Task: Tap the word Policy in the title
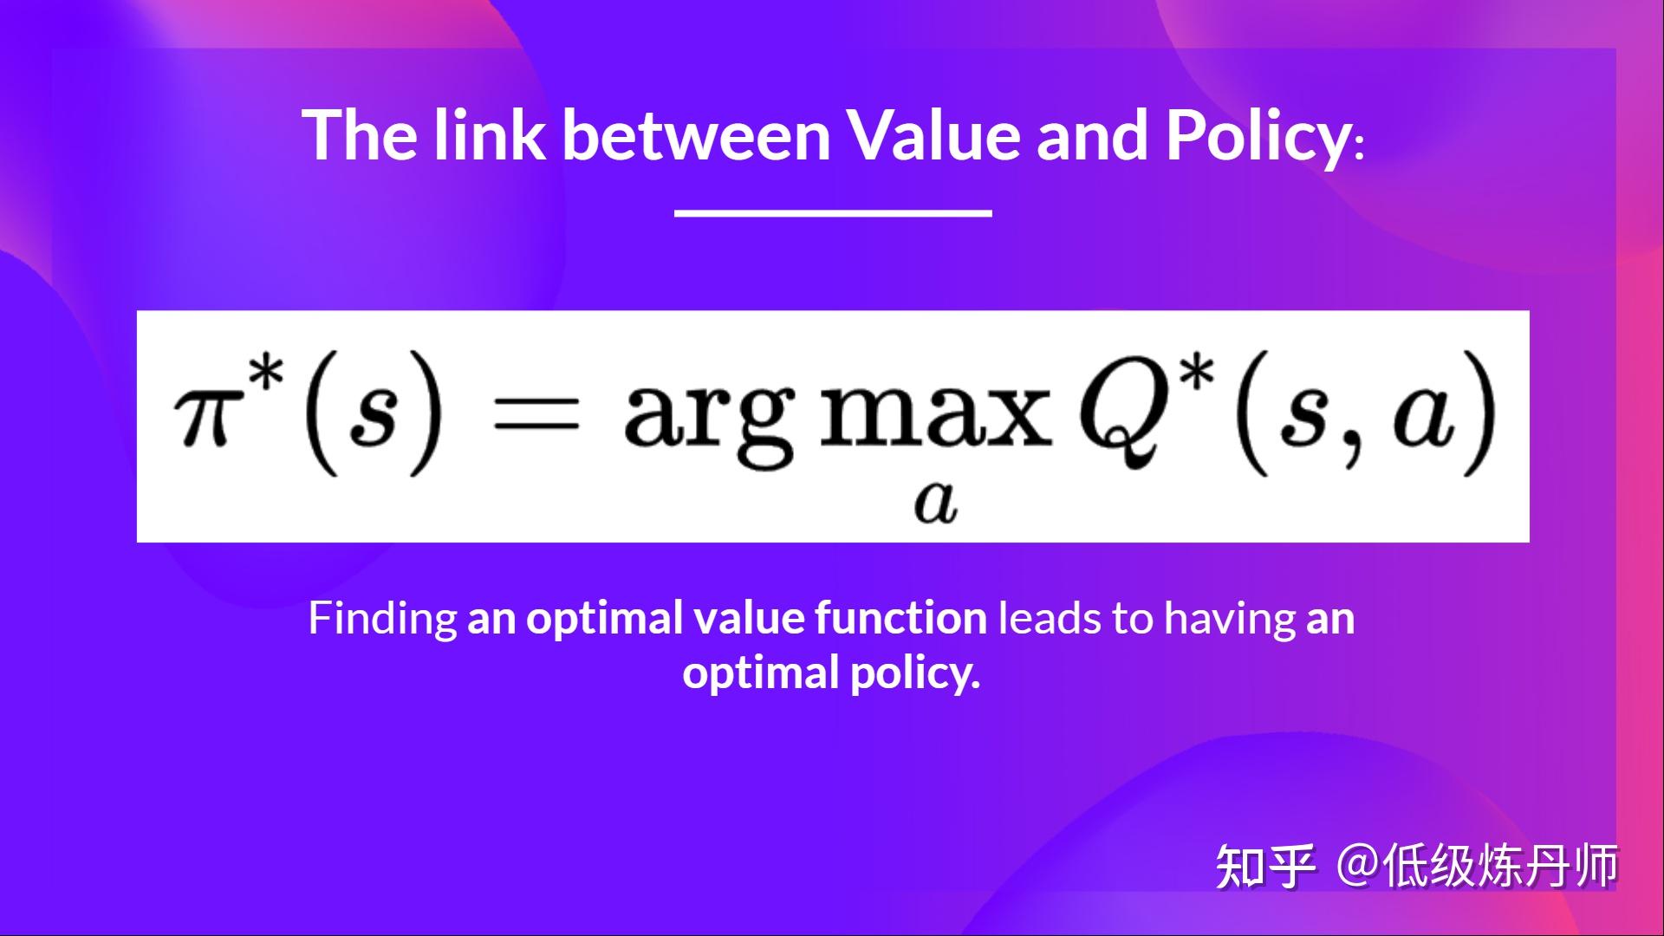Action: pyautogui.click(x=1257, y=137)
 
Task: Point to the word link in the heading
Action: pyautogui.click(x=489, y=135)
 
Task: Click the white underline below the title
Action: pyautogui.click(x=833, y=212)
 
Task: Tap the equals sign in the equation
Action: pyautogui.click(x=535, y=413)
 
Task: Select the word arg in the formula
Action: pyautogui.click(x=708, y=419)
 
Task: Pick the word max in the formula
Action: pyautogui.click(x=935, y=414)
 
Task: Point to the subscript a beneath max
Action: pyautogui.click(x=935, y=502)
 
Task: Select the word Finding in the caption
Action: pyautogui.click(x=382, y=620)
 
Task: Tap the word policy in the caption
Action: pyautogui.click(x=915, y=674)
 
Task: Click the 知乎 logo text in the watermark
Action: pyautogui.click(x=1264, y=867)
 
